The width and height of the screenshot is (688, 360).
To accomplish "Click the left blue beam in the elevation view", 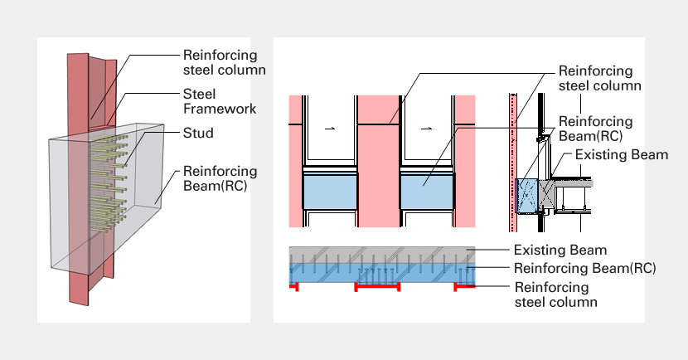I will click(x=330, y=192).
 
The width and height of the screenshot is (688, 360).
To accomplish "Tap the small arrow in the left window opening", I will click(x=329, y=129).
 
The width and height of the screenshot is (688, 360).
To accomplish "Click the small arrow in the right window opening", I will click(x=427, y=129).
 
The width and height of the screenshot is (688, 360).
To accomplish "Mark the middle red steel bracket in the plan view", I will click(x=378, y=286).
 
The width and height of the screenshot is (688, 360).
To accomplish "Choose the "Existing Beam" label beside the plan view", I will click(x=560, y=250).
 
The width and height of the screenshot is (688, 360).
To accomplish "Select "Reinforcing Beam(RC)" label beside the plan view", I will click(x=585, y=268).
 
